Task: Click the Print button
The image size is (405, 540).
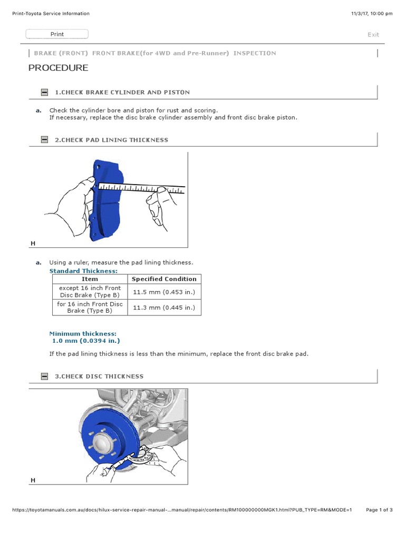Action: pos(57,34)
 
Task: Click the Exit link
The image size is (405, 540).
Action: pos(373,35)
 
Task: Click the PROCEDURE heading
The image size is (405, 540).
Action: pos(58,68)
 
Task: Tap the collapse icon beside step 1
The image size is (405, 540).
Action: pos(45,92)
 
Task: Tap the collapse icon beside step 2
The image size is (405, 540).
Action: pos(45,140)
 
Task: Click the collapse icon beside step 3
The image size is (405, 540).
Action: pos(45,377)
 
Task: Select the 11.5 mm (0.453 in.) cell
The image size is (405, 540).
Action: pos(164,292)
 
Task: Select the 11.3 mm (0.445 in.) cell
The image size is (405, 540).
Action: pos(164,307)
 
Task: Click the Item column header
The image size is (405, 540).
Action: pos(90,279)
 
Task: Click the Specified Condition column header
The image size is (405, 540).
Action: pos(164,279)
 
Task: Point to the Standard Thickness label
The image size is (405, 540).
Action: pos(83,271)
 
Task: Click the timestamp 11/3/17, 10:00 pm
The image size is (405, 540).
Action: pos(371,14)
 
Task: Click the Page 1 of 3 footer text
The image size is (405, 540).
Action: pos(379,510)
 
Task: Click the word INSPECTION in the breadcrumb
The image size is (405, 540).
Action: pos(254,53)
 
